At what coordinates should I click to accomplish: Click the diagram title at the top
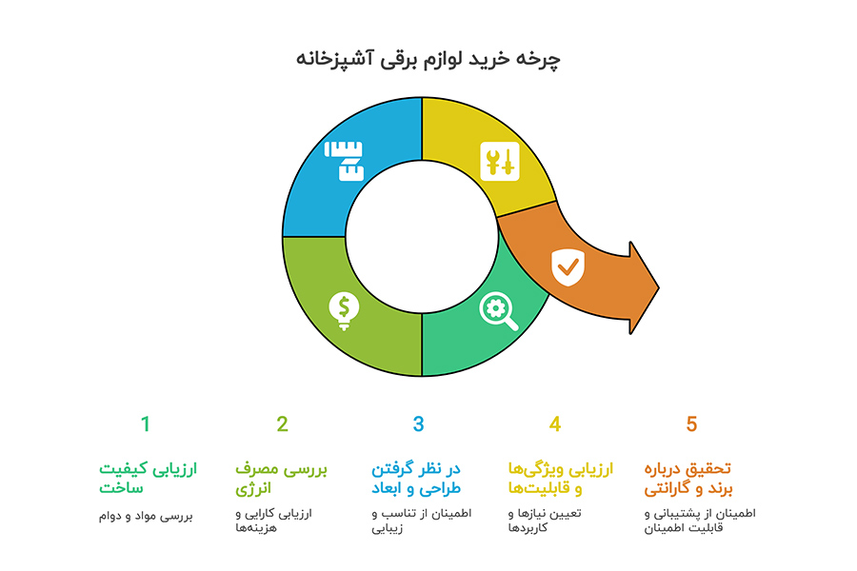pyautogui.click(x=428, y=59)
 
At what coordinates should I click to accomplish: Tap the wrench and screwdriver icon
pyautogui.click(x=500, y=161)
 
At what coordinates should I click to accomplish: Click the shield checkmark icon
pyautogui.click(x=568, y=268)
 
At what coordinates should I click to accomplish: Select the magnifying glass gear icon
pyautogui.click(x=499, y=310)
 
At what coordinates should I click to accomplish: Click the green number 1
pyautogui.click(x=146, y=424)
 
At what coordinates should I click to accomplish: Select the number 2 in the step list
pyautogui.click(x=282, y=424)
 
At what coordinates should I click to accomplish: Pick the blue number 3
pyautogui.click(x=418, y=424)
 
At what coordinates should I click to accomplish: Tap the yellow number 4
pyautogui.click(x=555, y=424)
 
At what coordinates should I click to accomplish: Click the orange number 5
pyautogui.click(x=692, y=424)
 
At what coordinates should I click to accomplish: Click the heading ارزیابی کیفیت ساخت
pyautogui.click(x=148, y=479)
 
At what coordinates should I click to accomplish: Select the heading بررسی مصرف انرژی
pyautogui.click(x=282, y=479)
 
